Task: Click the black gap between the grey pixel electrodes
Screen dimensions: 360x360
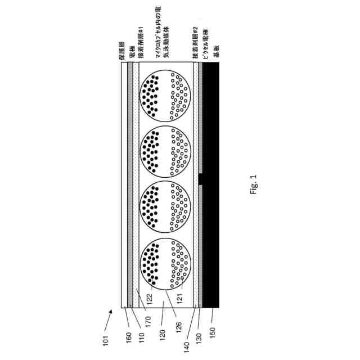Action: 201,179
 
